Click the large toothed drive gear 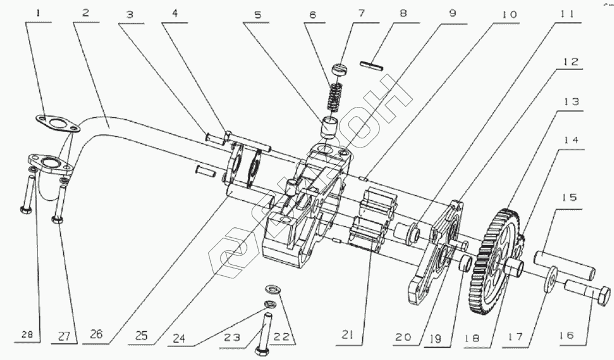coord(495,258)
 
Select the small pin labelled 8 coord(373,63)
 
